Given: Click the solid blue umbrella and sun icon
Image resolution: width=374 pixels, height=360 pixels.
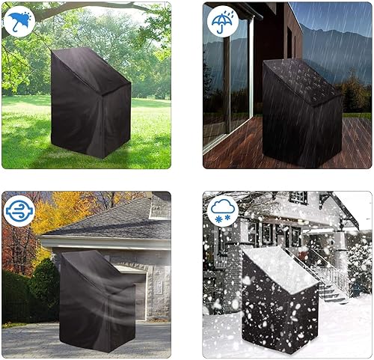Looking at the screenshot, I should point(19,21).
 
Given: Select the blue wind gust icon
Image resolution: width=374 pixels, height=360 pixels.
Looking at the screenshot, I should point(19,210).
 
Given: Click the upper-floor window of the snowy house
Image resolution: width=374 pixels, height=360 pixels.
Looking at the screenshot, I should point(298,198).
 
